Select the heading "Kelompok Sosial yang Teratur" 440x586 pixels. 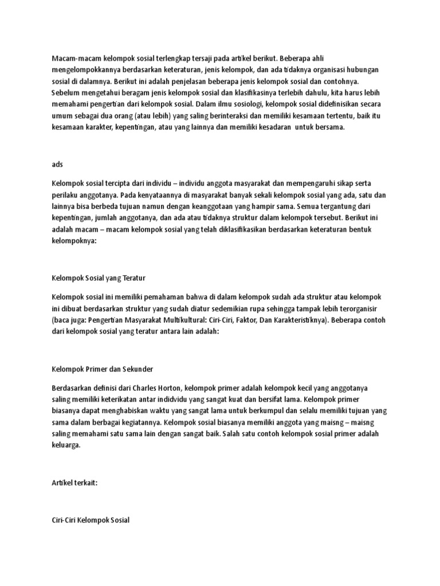(x=99, y=278)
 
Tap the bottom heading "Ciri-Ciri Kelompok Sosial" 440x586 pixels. (x=91, y=520)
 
